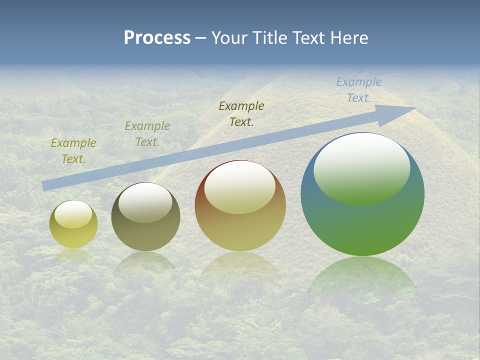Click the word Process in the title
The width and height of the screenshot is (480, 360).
pyautogui.click(x=157, y=38)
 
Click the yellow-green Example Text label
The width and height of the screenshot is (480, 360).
pyautogui.click(x=73, y=151)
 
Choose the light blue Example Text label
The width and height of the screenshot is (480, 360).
pyautogui.click(x=359, y=90)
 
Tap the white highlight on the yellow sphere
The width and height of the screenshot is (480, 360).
pyautogui.click(x=73, y=214)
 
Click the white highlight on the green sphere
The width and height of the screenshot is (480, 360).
pyautogui.click(x=361, y=167)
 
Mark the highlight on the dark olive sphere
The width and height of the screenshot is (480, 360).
pyautogui.click(x=145, y=202)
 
